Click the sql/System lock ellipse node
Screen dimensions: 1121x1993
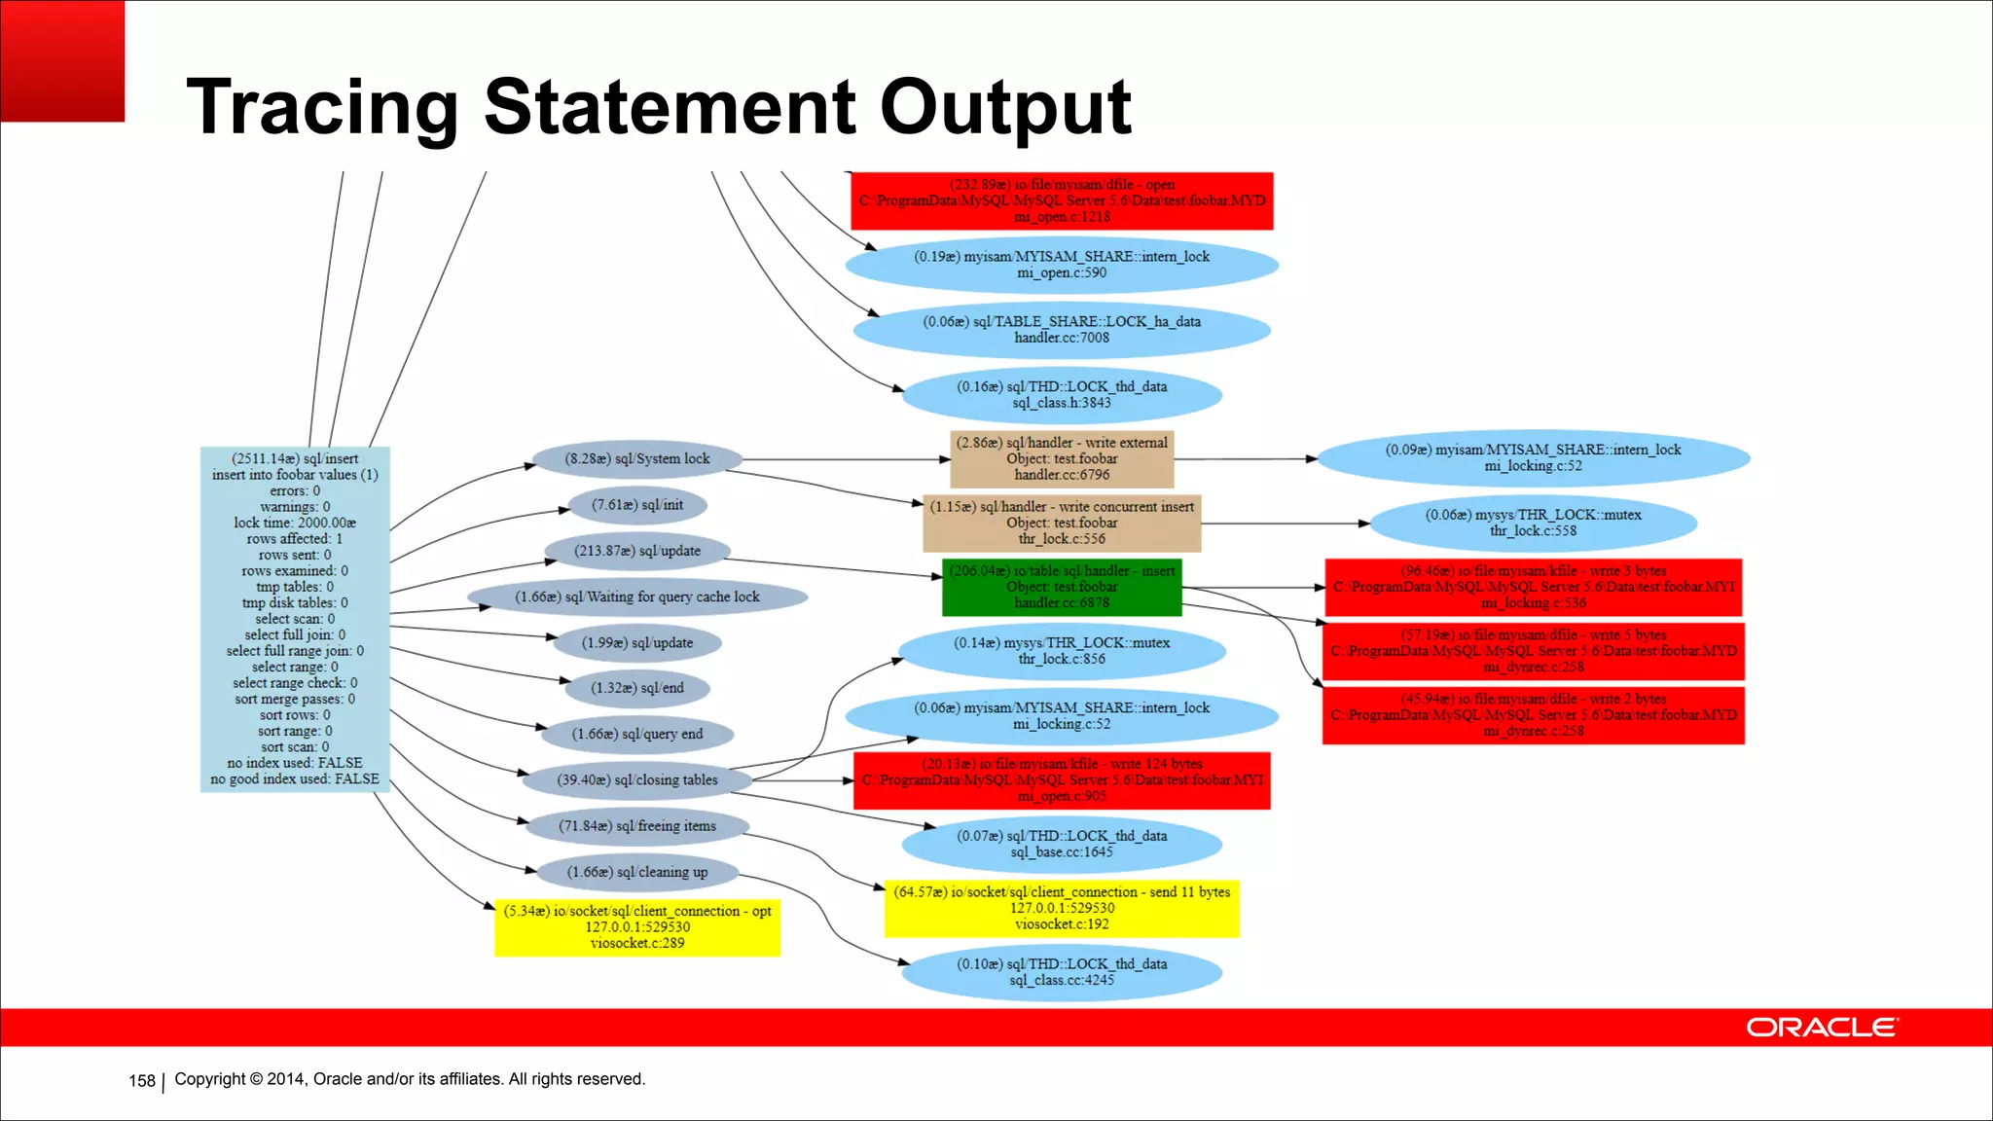637,459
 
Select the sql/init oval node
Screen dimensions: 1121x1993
637,505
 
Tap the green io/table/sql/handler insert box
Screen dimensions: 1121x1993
1062,587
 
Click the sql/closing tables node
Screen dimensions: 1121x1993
637,780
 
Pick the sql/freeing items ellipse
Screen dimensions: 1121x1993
637,826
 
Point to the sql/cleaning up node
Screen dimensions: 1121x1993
637,872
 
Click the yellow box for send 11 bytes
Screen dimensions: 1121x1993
1062,908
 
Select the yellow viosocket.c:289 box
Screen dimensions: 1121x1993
637,927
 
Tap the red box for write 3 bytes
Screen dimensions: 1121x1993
1533,587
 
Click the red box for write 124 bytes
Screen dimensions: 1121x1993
1062,780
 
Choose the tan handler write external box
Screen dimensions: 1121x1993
1062,459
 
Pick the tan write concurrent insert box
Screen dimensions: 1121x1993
1062,523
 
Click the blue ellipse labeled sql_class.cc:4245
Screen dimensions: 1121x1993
1062,972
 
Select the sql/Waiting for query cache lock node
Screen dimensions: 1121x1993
637,597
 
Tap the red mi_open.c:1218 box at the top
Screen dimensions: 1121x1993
1062,201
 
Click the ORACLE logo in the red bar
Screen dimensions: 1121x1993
1821,1028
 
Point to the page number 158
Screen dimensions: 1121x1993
142,1081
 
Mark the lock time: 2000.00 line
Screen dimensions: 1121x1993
295,523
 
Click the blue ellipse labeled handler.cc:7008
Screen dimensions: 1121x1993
1062,330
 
